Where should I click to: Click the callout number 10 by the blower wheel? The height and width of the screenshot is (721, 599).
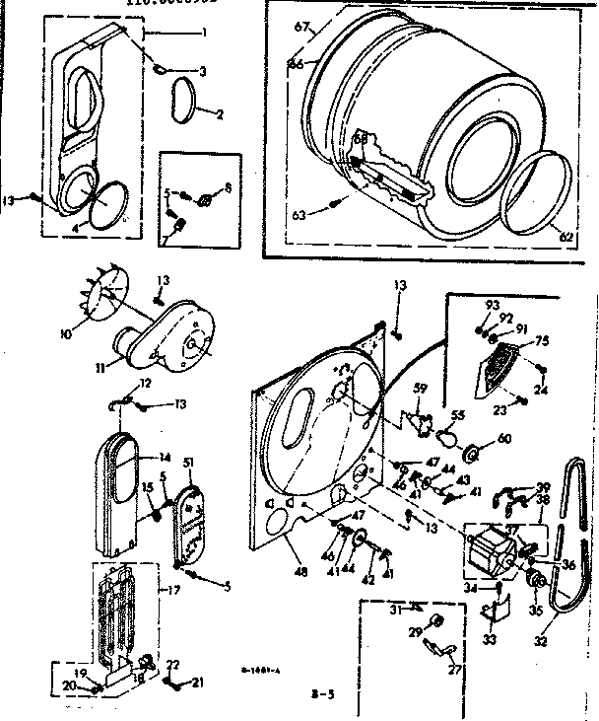coord(65,334)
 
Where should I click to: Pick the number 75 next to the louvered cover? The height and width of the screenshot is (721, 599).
coord(541,343)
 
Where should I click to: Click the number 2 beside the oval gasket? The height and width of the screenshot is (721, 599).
coord(218,113)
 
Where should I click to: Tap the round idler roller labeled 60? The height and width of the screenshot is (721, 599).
coord(472,454)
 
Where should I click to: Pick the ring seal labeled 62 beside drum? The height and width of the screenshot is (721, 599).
coord(536,193)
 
